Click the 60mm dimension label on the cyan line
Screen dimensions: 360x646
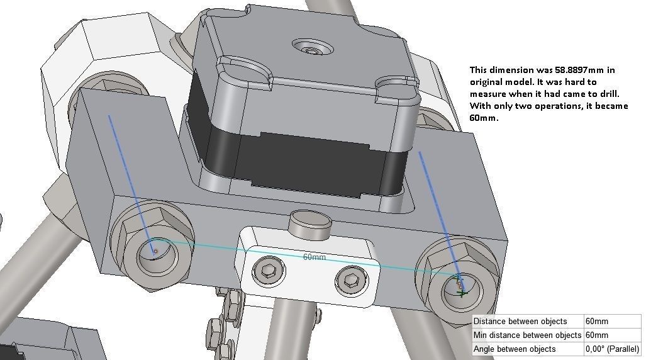point(315,257)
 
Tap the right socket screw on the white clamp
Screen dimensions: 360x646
point(347,280)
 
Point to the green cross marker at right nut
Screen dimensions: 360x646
point(463,293)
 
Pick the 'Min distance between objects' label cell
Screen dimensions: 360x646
point(527,335)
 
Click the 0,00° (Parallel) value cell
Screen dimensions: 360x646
point(612,349)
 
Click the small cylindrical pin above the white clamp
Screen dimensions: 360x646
point(309,222)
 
